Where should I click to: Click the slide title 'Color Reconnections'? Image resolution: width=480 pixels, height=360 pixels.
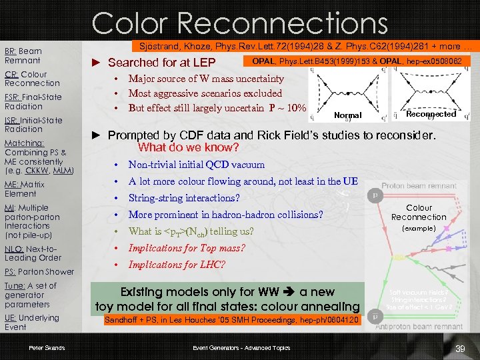click(239, 23)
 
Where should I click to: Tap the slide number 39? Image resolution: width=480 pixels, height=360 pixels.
click(459, 349)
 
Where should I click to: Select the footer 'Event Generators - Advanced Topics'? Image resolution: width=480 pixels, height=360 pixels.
click(241, 347)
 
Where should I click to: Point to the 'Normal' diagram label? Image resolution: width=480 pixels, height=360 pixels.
click(347, 115)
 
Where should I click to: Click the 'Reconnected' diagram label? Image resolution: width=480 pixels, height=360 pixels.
click(431, 114)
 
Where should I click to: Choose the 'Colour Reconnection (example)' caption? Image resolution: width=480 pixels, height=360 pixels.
click(419, 217)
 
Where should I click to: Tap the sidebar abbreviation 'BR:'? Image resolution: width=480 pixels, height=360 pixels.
click(10, 51)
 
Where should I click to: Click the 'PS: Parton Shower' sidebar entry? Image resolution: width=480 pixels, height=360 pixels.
click(39, 272)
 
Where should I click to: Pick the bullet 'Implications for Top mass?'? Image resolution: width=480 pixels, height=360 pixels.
click(187, 248)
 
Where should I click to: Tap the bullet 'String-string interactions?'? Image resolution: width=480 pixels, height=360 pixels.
click(184, 198)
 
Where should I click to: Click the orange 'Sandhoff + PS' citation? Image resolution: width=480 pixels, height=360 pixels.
click(232, 321)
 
